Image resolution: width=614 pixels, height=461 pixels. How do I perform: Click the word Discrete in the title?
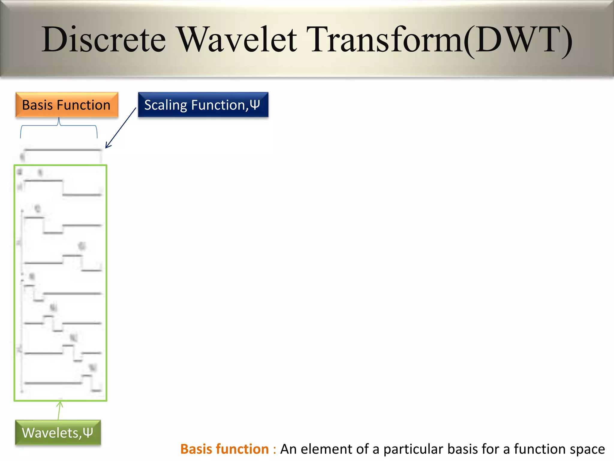click(103, 40)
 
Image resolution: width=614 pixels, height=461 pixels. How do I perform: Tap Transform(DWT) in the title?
click(441, 40)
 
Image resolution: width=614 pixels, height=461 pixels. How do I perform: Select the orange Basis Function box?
click(67, 105)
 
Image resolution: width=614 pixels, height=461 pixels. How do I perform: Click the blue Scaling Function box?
click(203, 105)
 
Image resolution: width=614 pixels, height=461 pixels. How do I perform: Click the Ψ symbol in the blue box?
click(255, 105)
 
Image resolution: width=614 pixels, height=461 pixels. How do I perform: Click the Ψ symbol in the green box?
click(88, 432)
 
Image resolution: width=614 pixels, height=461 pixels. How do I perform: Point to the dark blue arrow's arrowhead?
click(107, 146)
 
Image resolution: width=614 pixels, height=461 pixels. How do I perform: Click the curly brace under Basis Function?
click(59, 126)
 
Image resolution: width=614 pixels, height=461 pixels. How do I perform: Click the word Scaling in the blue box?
click(165, 105)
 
